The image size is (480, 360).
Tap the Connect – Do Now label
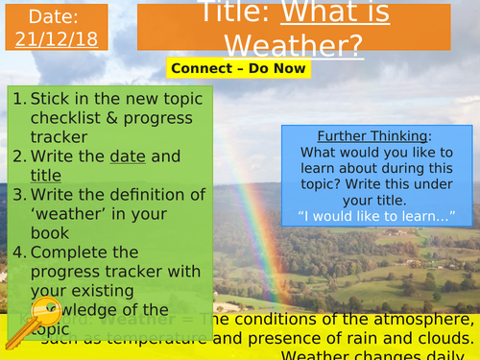[238, 68]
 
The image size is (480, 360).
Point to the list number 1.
[19, 98]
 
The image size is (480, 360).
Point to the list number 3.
[19, 195]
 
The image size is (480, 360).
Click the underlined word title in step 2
[45, 175]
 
